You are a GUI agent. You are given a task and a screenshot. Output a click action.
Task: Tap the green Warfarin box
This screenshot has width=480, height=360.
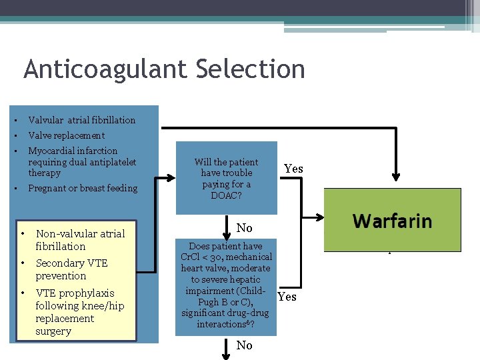392,220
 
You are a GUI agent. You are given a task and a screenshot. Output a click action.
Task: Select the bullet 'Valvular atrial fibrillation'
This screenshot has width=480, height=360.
81,120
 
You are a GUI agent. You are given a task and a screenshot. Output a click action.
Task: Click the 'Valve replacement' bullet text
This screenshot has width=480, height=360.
66,135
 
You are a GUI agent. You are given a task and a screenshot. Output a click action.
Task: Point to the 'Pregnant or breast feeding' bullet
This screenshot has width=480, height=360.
83,188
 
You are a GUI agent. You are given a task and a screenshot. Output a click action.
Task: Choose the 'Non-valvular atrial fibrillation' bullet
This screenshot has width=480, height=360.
80,239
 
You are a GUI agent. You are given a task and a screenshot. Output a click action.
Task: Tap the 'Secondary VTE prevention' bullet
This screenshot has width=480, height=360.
71,269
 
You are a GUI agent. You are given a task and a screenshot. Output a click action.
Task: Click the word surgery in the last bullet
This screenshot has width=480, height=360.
53,331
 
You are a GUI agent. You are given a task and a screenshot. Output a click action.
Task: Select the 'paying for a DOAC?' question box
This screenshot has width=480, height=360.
226,178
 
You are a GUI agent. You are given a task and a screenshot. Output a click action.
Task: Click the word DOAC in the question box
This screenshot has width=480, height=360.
226,195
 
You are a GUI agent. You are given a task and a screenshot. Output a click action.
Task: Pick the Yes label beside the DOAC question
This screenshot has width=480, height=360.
293,169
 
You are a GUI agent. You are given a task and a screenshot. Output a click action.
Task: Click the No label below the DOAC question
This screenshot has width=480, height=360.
245,228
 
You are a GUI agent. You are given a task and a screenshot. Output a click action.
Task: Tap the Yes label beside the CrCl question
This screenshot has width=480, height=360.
287,297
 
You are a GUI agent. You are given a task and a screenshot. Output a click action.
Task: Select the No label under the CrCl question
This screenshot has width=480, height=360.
245,345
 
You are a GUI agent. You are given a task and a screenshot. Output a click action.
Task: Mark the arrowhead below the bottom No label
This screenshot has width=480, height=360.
226,355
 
